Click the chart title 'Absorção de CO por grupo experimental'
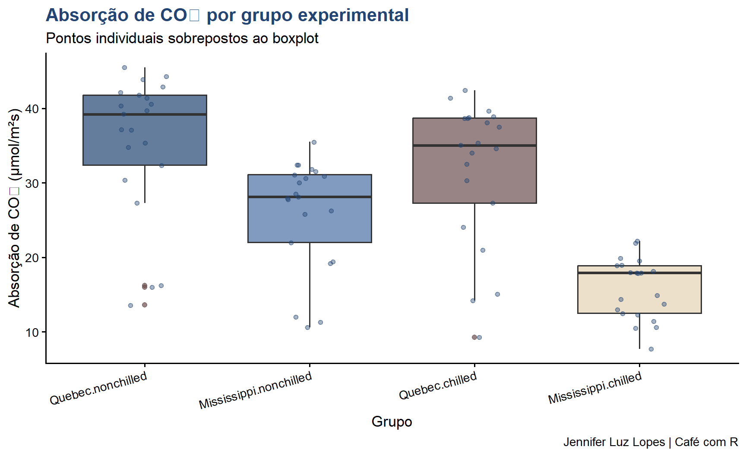[227, 16]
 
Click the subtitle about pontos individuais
[182, 38]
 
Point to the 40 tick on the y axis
[32, 109]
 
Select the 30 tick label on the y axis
[32, 184]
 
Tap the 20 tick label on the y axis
[32, 258]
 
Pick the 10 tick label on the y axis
[32, 332]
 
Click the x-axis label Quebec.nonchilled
[98, 388]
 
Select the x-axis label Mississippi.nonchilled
[255, 390]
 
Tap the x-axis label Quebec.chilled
[438, 385]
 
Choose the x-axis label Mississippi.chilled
[595, 387]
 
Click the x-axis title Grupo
[392, 421]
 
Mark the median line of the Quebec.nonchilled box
[145, 114]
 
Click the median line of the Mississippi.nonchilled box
[310, 197]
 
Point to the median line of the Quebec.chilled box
[474, 146]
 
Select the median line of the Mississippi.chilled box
[639, 273]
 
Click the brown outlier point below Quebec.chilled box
[474, 337]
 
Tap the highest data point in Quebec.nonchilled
[124, 67]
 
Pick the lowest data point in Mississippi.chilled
[651, 349]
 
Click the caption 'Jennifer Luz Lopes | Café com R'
[650, 442]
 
